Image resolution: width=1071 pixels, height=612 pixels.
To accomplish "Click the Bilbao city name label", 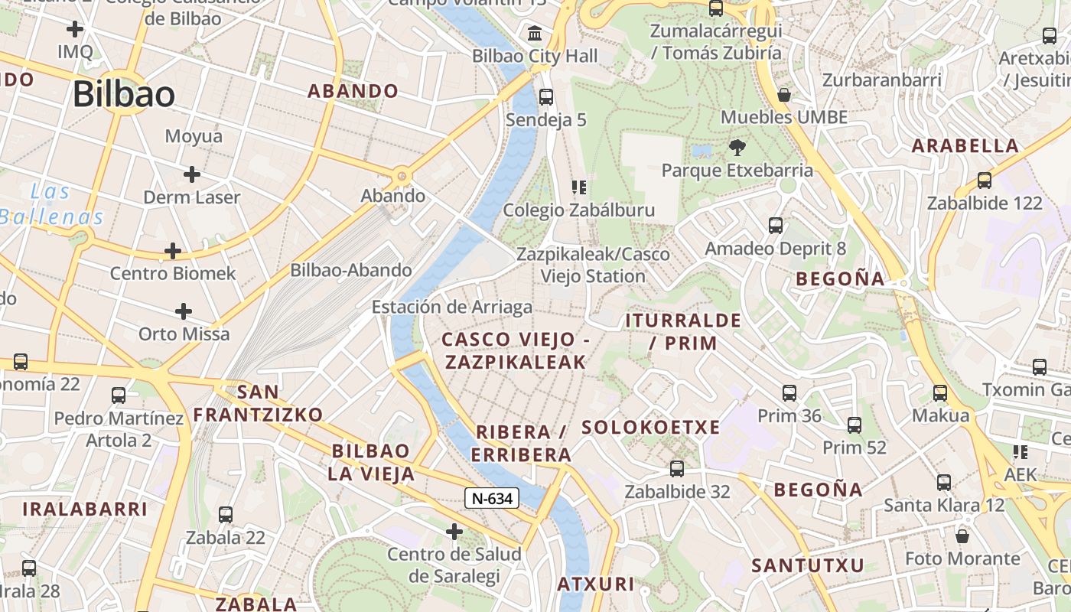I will click(124, 94).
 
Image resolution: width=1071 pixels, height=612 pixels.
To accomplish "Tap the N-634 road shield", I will click(492, 498).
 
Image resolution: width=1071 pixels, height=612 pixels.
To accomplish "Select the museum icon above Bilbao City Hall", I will click(535, 34).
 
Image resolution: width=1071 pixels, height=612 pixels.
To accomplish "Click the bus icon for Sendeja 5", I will click(546, 97).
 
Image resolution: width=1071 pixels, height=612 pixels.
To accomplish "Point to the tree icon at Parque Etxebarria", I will click(737, 147).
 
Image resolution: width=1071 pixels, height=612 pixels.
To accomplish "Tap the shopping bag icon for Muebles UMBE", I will click(784, 95).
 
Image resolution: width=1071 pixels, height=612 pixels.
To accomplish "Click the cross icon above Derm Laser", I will click(192, 174).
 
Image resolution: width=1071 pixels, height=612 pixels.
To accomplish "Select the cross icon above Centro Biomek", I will click(174, 250).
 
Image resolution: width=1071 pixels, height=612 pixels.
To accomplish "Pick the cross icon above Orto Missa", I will click(184, 311).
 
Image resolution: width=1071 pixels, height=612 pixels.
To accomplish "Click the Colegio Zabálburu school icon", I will click(579, 187).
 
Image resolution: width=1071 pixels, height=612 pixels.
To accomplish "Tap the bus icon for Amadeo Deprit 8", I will click(776, 226).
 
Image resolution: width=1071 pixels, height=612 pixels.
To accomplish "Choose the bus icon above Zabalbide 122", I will click(985, 181).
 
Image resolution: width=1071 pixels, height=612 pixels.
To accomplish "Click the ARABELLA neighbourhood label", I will click(965, 145).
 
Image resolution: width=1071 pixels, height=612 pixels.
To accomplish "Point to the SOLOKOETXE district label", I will click(651, 427).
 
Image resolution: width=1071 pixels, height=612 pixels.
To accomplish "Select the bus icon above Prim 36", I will click(789, 393).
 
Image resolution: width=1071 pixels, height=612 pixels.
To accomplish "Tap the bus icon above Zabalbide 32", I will click(677, 469).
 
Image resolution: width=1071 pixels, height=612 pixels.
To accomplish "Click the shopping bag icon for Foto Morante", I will click(962, 536).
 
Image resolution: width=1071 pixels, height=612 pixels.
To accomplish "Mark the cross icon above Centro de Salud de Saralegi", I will click(454, 531).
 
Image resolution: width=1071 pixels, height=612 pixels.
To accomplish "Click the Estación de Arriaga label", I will click(452, 307).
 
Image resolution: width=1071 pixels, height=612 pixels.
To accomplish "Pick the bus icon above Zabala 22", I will click(226, 515).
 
